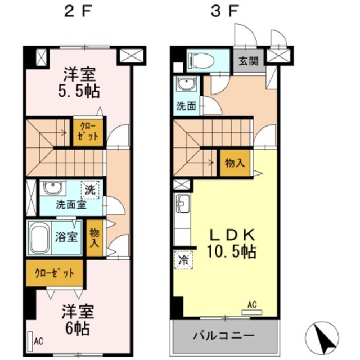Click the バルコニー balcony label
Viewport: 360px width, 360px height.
pos(224,336)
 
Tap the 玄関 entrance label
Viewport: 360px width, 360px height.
pos(245,61)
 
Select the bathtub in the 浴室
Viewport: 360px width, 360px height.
pos(40,237)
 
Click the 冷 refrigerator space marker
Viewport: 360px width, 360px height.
pos(183,260)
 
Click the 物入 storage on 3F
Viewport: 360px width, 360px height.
pos(235,163)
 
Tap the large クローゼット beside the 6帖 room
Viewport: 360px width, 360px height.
pos(55,273)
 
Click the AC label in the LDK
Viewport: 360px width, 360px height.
pos(253,305)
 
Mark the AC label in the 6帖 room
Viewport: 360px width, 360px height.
pos(39,341)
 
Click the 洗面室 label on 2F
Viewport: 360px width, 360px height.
pos(70,205)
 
